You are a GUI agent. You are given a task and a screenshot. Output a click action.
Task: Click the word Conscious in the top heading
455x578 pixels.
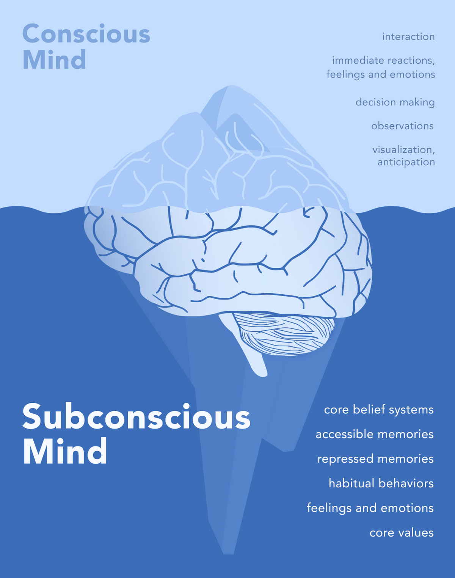pyautogui.click(x=86, y=34)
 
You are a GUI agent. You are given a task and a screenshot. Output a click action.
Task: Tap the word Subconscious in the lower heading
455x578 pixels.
pyautogui.click(x=136, y=416)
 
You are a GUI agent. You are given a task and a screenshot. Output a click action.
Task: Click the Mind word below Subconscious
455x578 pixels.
pyautogui.click(x=65, y=451)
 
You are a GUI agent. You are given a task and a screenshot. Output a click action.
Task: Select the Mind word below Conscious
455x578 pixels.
pyautogui.click(x=54, y=60)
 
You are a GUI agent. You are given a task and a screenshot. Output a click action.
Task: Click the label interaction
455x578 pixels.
pyautogui.click(x=408, y=36)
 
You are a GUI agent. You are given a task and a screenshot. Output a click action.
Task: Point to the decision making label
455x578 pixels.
pyautogui.click(x=395, y=102)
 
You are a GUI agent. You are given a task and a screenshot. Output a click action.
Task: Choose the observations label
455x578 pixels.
pyautogui.click(x=402, y=126)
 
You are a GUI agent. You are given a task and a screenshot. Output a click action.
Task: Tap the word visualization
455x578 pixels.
pyautogui.click(x=403, y=149)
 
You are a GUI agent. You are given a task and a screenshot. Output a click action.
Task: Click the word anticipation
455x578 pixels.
pyautogui.click(x=406, y=162)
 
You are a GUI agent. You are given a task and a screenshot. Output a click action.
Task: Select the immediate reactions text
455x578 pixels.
pyautogui.click(x=383, y=60)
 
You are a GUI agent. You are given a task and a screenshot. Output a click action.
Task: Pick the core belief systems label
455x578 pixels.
pyautogui.click(x=379, y=410)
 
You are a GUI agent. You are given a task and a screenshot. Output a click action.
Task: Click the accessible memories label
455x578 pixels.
pyautogui.click(x=375, y=434)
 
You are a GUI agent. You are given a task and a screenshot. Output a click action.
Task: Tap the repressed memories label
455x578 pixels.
pyautogui.click(x=375, y=459)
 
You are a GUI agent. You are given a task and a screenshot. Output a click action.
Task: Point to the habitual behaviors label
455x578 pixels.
pyautogui.click(x=381, y=483)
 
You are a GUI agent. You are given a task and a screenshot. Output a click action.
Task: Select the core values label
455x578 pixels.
pyautogui.click(x=402, y=533)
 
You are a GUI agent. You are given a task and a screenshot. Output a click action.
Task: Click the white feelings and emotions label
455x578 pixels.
pyautogui.click(x=370, y=508)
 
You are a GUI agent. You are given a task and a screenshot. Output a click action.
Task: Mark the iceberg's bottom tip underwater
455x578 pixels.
pyautogui.click(x=229, y=554)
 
